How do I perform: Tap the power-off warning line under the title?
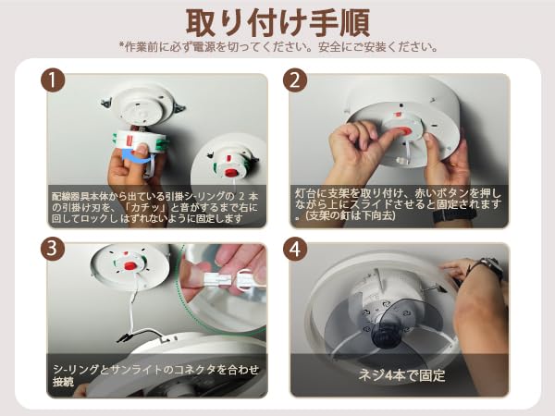(277, 46)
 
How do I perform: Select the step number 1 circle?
(53, 80)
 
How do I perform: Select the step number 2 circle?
(296, 80)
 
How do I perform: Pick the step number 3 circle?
(53, 249)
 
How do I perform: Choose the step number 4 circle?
(296, 249)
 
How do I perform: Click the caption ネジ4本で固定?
(401, 377)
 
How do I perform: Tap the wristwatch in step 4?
(489, 268)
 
